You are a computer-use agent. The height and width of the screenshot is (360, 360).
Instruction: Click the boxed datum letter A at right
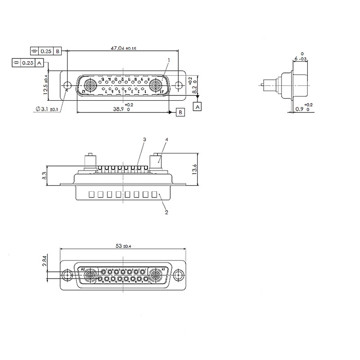[x=198, y=107]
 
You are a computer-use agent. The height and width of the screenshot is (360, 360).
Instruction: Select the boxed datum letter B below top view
[x=180, y=112]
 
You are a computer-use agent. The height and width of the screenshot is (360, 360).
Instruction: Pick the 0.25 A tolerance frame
[x=28, y=63]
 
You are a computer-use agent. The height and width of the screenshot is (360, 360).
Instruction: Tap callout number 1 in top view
[x=169, y=60]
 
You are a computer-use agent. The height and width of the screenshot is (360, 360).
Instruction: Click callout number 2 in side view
[x=166, y=212]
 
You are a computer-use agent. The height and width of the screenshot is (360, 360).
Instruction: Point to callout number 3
[x=144, y=140]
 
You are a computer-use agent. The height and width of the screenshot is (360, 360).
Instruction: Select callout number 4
[x=166, y=140]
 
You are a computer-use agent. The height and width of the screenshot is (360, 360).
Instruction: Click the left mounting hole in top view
[x=67, y=85]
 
